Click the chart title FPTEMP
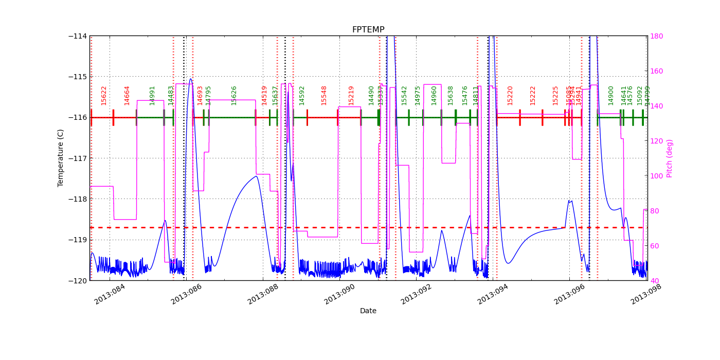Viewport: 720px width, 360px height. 368,30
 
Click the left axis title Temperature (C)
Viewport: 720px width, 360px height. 61,158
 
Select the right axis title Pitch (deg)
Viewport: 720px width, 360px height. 670,158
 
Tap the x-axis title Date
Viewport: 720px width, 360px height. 368,311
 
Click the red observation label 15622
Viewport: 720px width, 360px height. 104,95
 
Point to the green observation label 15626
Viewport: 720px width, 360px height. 234,95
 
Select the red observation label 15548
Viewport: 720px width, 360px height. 324,95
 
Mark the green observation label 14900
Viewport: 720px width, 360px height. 611,95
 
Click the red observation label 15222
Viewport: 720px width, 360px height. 533,95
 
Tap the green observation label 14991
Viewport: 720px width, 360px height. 152,95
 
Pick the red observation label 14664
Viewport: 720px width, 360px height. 127,95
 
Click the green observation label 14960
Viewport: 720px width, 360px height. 434,95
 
